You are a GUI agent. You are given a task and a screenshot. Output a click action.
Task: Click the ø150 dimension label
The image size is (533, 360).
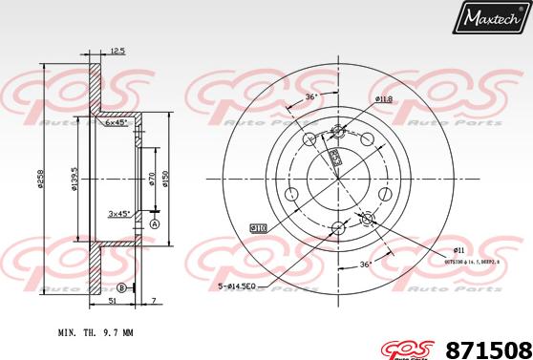point(164,178)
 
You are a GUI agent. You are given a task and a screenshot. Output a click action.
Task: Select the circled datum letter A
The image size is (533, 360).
point(153,223)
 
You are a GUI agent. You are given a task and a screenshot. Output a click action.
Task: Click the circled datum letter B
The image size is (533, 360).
point(121,287)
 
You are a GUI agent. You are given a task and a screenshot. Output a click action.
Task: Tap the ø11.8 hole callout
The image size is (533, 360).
point(385,98)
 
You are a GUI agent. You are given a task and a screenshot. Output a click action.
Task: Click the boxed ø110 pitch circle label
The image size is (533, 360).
point(258,228)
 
